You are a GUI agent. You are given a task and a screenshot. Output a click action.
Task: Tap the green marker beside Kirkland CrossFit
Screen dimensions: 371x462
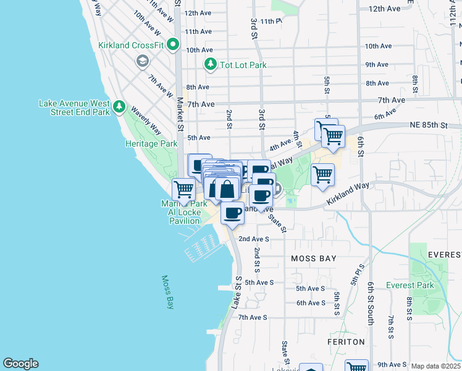click(172, 45)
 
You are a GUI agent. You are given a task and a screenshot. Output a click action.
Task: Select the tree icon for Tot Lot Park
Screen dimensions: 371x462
click(211, 64)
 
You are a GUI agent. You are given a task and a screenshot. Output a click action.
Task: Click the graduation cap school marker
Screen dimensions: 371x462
click(143, 61)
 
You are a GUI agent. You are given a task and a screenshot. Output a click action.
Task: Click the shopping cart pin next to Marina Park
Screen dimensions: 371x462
click(183, 189)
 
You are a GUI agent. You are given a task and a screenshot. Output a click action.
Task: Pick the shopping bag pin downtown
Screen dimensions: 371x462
click(227, 189)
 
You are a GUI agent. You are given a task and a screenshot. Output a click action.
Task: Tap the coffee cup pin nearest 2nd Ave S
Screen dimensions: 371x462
click(232, 213)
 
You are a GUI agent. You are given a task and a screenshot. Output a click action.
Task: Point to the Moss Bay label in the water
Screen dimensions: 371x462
click(167, 292)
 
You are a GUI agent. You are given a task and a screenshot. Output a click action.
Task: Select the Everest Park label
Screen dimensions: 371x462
click(409, 285)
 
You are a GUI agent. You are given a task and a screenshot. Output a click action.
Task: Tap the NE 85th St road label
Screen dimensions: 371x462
click(427, 125)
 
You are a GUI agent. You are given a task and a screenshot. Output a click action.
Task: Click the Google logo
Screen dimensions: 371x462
click(20, 364)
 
